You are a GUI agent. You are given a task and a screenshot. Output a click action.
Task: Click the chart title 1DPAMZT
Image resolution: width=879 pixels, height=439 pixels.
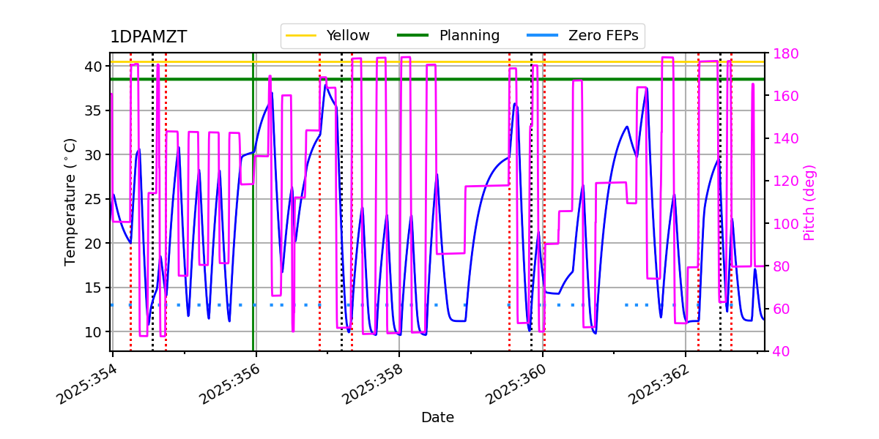coord(148,37)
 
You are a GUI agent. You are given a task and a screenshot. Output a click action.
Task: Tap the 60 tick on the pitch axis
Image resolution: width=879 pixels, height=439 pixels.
coord(779,309)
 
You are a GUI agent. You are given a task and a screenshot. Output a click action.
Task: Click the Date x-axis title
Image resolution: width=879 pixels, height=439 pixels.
coord(437,418)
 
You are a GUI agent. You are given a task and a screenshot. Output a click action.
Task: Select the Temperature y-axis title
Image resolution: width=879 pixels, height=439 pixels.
coord(70,201)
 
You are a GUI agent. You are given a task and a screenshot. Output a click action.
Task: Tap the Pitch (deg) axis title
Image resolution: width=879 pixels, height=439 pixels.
coord(809,202)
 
